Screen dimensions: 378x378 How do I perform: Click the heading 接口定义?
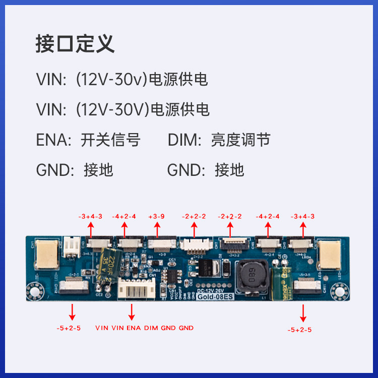pos(75,44)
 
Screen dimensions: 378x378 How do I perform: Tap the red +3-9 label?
pos(157,216)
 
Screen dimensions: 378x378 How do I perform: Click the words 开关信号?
pos(110,140)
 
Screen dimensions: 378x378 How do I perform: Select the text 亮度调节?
pos(240,140)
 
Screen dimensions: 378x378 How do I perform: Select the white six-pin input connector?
pos(132,291)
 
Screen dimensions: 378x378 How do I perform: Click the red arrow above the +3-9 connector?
pos(157,230)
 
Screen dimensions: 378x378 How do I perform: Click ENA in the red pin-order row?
pos(134,328)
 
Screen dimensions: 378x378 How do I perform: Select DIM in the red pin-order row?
pos(151,328)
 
